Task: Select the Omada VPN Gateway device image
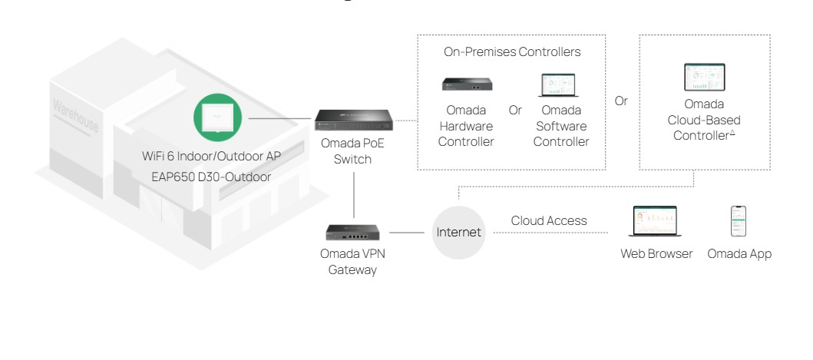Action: coord(353,230)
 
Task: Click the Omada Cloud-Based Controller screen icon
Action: coord(704,80)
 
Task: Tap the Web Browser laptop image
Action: coord(654,221)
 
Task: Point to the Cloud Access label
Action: coord(549,221)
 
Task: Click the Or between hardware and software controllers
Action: coord(515,111)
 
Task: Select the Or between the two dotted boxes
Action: coord(622,100)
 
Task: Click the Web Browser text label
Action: coord(656,253)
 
